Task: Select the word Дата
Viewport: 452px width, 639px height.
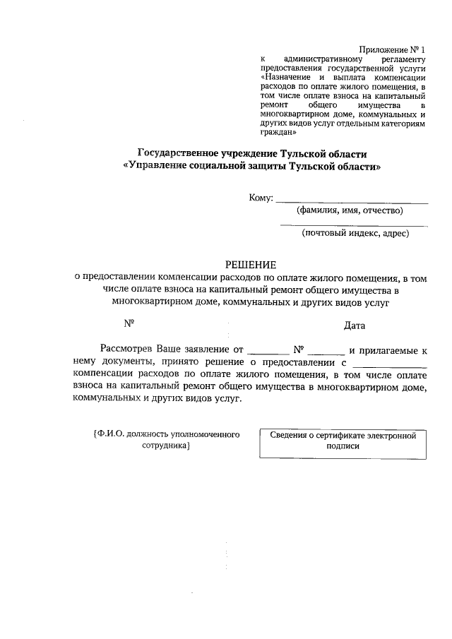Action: [x=355, y=326]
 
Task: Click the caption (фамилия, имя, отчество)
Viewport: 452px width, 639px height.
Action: [x=350, y=210]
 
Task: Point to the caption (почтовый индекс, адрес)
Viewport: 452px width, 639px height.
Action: [x=355, y=232]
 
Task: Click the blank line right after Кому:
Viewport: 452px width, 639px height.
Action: [x=351, y=201]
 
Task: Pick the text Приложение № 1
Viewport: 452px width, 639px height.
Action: [x=392, y=49]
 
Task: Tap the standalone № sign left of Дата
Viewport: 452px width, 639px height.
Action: [x=129, y=324]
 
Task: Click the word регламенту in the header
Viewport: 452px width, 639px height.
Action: [x=403, y=60]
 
